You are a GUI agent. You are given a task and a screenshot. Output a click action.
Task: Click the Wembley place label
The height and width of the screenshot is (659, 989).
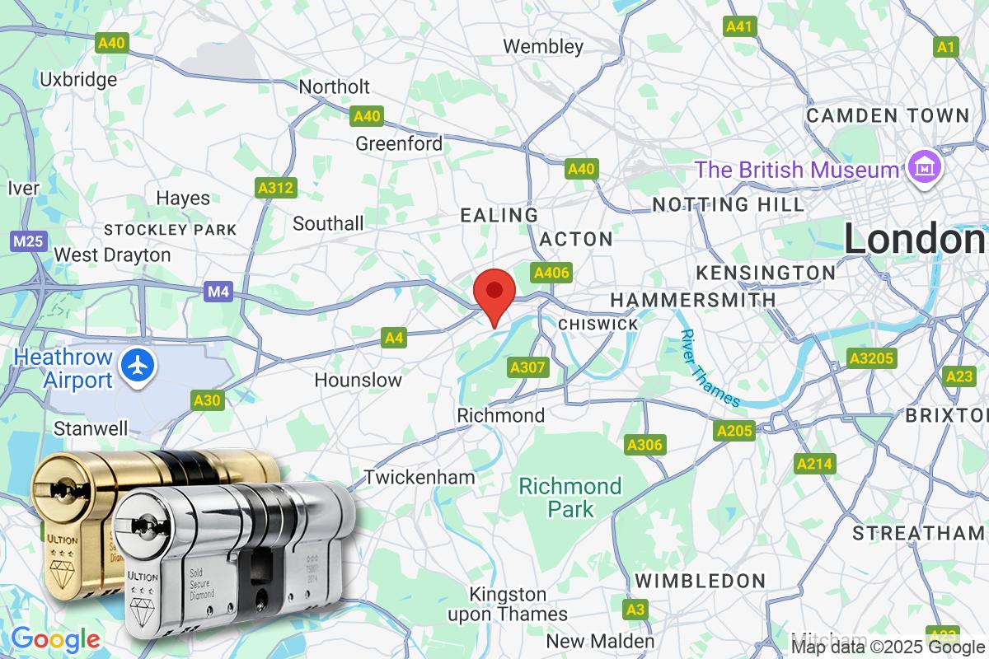[543, 46]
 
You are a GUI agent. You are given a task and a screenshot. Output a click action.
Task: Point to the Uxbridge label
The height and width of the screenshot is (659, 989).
[78, 80]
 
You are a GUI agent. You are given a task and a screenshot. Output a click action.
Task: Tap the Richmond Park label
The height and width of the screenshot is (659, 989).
[569, 498]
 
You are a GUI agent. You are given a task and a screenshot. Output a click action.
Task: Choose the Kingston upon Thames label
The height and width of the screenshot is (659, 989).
[508, 604]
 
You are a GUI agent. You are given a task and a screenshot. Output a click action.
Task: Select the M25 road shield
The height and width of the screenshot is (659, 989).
[28, 242]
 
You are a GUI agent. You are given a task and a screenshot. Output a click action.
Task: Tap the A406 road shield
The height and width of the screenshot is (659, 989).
[551, 273]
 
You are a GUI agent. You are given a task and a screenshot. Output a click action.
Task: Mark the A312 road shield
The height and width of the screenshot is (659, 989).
[275, 189]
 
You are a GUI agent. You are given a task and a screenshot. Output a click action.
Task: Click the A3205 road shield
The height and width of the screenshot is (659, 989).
[869, 358]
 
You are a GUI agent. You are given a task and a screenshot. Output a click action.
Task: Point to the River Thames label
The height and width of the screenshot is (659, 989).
[709, 368]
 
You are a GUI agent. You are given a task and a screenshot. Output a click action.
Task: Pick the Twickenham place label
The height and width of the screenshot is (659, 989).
[420, 477]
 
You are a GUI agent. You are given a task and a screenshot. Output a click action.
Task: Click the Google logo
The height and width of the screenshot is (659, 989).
[54, 638]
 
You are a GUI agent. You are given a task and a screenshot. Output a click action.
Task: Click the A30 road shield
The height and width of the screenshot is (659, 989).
[207, 400]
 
